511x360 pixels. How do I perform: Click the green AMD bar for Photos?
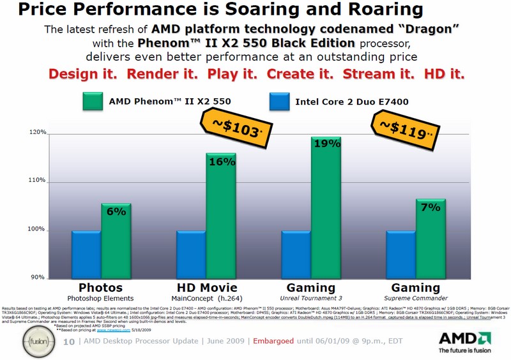(116, 241)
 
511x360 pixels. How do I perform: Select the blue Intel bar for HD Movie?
(191, 254)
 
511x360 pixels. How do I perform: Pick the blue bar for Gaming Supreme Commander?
(401, 254)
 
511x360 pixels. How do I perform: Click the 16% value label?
(221, 163)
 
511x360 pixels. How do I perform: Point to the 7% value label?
(431, 208)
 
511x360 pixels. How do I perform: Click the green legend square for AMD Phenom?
(93, 102)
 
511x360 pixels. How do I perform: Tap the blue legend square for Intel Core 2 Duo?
(280, 102)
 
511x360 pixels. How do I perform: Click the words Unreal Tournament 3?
(311, 298)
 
